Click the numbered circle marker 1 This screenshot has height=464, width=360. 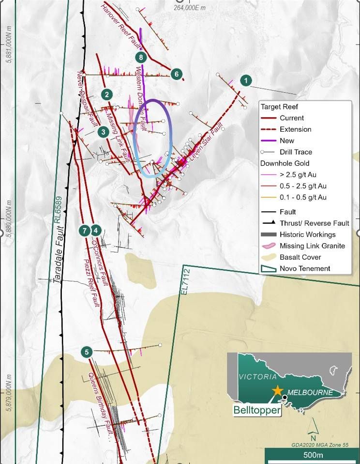pyautogui.click(x=246, y=80)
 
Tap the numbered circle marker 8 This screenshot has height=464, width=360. pyautogui.click(x=140, y=58)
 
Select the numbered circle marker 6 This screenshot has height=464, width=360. pyautogui.click(x=177, y=74)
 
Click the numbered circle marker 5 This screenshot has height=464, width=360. pyautogui.click(x=87, y=352)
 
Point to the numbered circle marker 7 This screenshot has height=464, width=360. pyautogui.click(x=84, y=230)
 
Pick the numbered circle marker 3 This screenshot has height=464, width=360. pyautogui.click(x=103, y=131)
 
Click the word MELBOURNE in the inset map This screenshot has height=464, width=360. pyautogui.click(x=310, y=392)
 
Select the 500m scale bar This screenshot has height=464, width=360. pyautogui.click(x=313, y=455)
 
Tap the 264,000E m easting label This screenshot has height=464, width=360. pyautogui.click(x=189, y=7)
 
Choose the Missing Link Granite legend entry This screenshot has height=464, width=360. pyautogui.click(x=312, y=246)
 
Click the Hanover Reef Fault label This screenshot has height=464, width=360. pyautogui.click(x=119, y=24)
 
